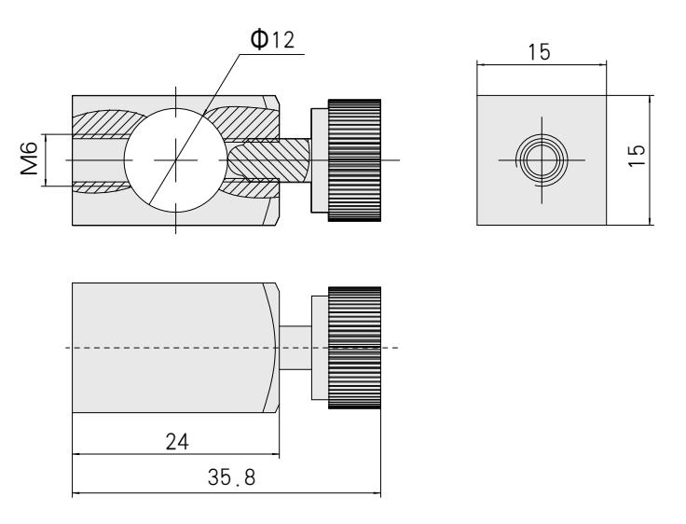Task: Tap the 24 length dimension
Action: (175, 439)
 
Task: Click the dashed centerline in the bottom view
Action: (186, 348)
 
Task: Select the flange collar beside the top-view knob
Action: (318, 159)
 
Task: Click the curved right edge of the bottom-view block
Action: (277, 348)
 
